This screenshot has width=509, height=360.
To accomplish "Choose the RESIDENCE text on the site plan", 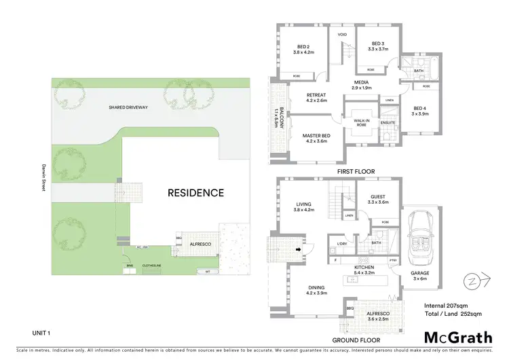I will [x=195, y=193].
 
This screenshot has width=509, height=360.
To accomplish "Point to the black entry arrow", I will [x=297, y=249].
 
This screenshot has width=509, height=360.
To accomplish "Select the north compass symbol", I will [x=469, y=279].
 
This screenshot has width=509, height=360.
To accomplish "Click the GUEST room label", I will [x=377, y=196].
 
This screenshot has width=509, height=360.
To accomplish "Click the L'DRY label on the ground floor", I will [x=342, y=243].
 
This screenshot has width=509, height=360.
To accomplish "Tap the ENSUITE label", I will [x=388, y=123].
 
